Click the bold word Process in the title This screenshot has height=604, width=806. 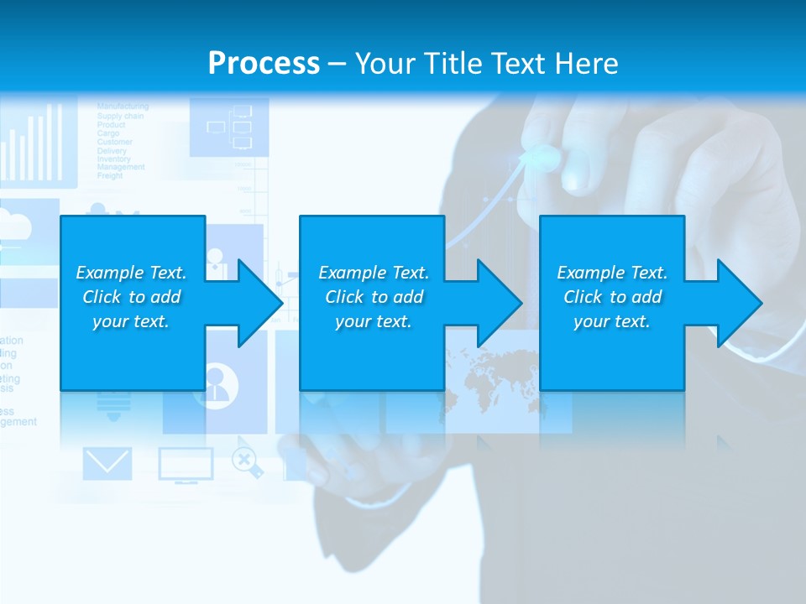point(264,63)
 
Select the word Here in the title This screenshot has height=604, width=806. point(586,63)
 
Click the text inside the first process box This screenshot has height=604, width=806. point(131,297)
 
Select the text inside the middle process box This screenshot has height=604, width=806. point(373,297)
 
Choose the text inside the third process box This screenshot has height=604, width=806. point(612,297)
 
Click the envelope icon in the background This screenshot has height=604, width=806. point(107,464)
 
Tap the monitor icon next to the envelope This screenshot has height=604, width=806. point(186,465)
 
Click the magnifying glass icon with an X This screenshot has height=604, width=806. point(245,461)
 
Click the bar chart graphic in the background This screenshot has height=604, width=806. point(34,138)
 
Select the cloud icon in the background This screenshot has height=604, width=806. point(17,225)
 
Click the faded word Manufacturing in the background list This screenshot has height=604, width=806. point(123,107)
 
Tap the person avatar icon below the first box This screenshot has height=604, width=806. point(221,384)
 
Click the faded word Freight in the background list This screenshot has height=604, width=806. point(110,176)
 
